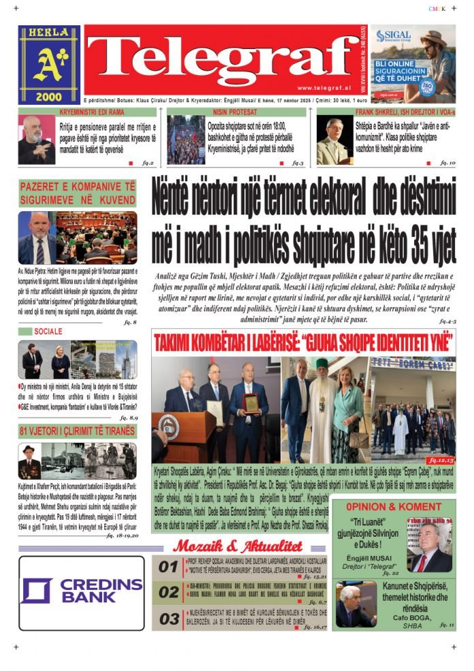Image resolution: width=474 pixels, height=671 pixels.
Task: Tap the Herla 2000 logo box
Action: [x=49, y=65]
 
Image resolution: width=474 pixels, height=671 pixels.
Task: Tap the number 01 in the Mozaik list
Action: [x=168, y=567]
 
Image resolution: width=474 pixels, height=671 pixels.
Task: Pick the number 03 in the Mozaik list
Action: [x=168, y=619]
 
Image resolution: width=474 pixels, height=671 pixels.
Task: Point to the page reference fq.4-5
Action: [x=447, y=319]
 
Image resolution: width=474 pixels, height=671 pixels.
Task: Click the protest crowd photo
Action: [x=185, y=140]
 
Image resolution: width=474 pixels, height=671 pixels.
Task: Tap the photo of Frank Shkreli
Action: [x=334, y=141]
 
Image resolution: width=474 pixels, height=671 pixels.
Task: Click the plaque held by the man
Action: [x=251, y=403]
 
